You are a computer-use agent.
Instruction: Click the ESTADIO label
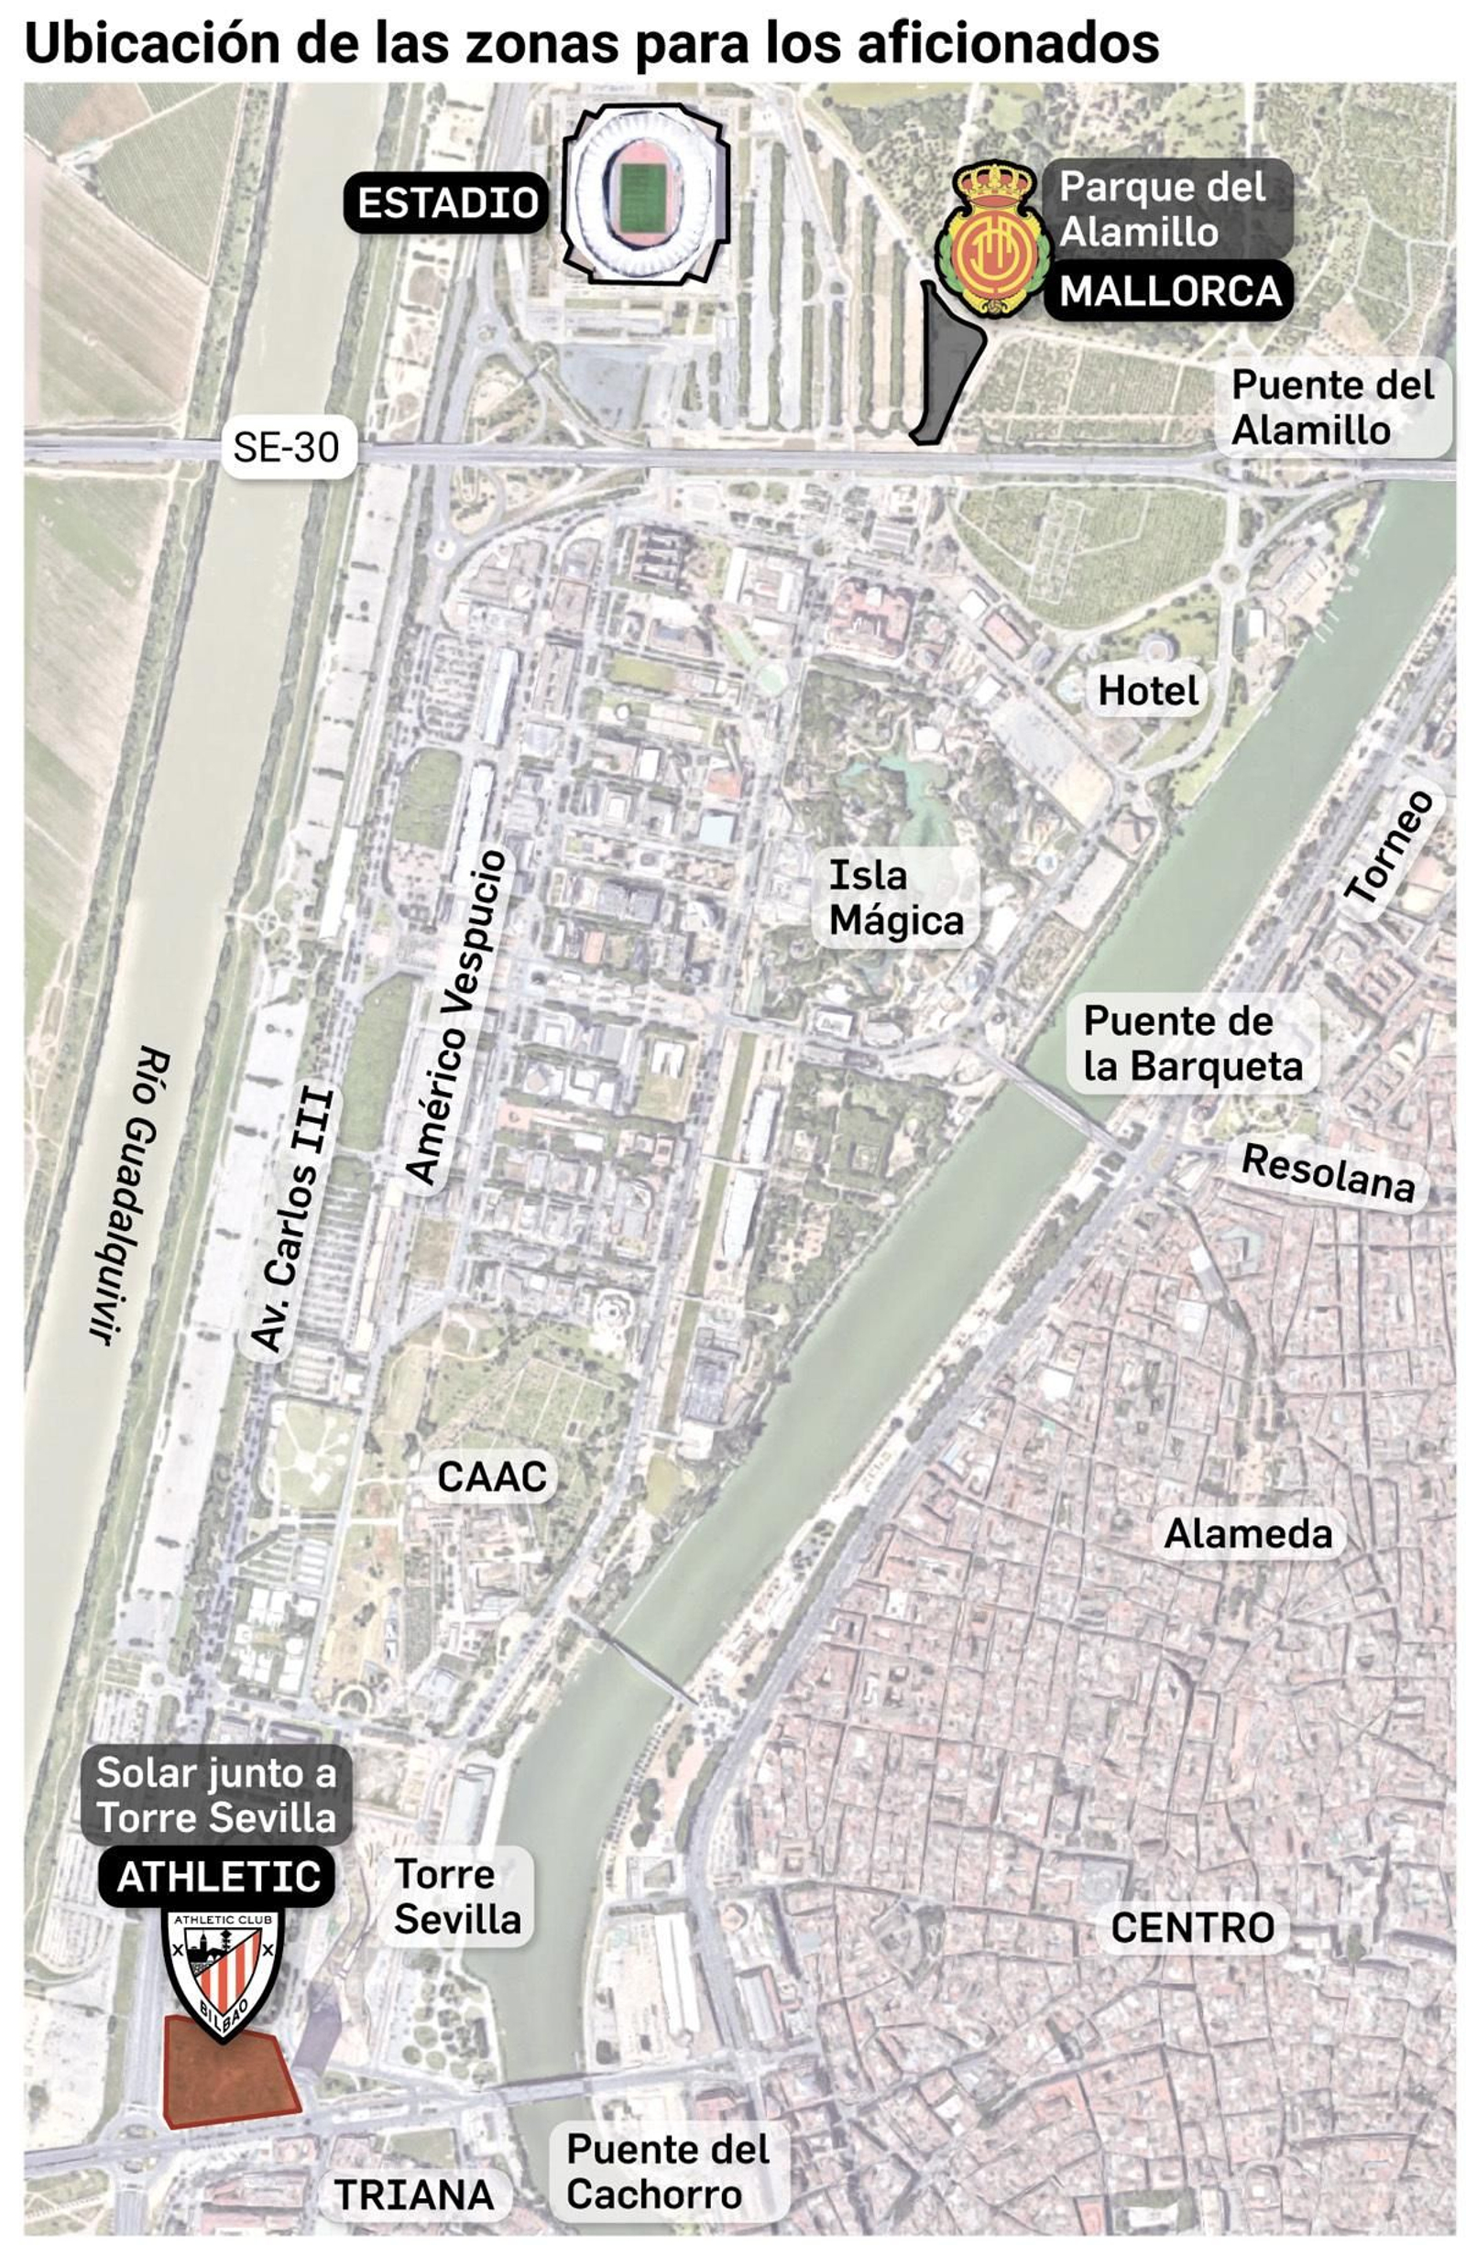446,202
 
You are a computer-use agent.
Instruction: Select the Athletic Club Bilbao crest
223,1972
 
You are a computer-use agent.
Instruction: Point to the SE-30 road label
286,447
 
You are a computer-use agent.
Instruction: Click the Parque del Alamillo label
1161,209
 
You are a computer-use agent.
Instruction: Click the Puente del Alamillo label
1331,408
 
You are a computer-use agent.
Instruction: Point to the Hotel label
1147,692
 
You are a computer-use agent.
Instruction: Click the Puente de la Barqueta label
1191,1043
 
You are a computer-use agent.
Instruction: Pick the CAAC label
491,1477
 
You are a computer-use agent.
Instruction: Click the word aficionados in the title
1009,42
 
